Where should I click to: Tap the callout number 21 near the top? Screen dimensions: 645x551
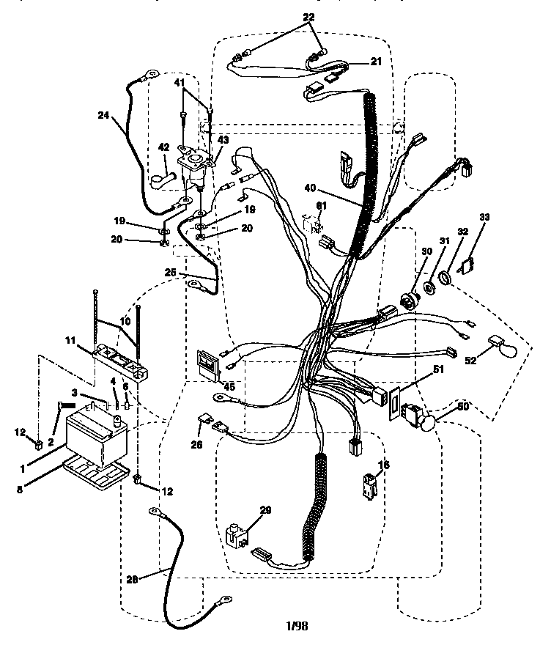click(x=376, y=62)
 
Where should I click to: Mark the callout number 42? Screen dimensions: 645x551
click(x=164, y=147)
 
